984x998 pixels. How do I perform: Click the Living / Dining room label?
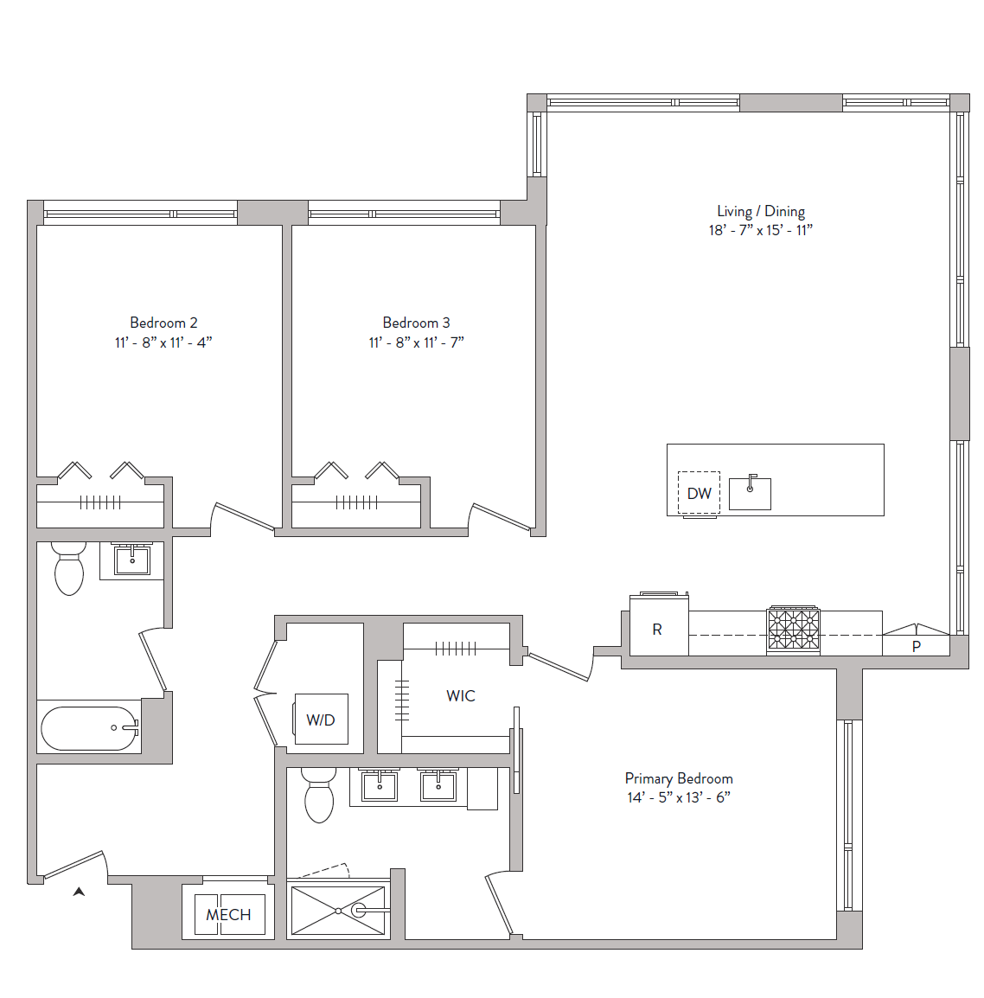(761, 211)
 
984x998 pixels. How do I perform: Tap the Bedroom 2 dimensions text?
(163, 342)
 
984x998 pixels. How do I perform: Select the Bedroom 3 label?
(416, 323)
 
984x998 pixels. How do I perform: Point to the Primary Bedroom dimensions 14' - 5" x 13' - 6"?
(679, 797)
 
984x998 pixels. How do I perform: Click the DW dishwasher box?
(699, 493)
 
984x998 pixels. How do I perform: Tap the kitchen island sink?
(750, 492)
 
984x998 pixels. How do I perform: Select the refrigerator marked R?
(659, 626)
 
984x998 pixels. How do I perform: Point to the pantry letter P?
(916, 647)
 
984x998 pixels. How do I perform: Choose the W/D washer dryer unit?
(321, 720)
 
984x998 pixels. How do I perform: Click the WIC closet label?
(461, 695)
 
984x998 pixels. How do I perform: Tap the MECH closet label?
(228, 915)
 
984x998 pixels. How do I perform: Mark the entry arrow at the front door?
(79, 892)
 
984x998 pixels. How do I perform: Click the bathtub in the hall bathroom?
(90, 728)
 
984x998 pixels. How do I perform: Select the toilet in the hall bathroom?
(68, 568)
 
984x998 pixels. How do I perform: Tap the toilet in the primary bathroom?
(319, 795)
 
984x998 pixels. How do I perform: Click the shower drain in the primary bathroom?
(339, 911)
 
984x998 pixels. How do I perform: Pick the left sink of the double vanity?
(380, 785)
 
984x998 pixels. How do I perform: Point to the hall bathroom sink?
(131, 560)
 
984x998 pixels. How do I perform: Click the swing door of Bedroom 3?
(502, 516)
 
